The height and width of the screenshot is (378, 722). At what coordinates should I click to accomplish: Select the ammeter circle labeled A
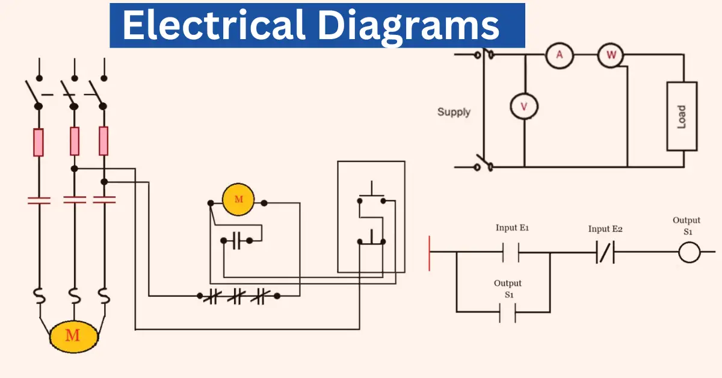(x=560, y=55)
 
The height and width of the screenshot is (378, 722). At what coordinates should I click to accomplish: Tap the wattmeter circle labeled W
(x=611, y=55)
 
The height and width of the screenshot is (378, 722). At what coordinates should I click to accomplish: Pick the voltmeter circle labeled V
(x=523, y=107)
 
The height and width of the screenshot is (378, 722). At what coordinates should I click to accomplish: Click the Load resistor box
(x=682, y=116)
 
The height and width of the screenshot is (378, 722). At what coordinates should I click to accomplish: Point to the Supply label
(x=454, y=112)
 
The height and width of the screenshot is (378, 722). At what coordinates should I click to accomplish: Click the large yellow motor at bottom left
(x=73, y=335)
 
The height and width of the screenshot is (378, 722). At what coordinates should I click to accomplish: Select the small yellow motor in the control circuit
(x=238, y=199)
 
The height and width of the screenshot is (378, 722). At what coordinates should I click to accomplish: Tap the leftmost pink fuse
(x=39, y=141)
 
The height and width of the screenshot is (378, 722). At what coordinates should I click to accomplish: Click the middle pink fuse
(x=75, y=141)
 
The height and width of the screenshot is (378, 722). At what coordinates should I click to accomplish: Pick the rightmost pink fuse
(x=103, y=141)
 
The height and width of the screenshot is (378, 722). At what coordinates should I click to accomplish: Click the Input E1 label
(x=512, y=228)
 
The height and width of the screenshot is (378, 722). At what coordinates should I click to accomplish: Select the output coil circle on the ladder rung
(x=690, y=252)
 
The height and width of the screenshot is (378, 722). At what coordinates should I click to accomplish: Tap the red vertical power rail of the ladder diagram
(x=430, y=253)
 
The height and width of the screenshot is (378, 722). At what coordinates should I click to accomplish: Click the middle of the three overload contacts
(x=236, y=296)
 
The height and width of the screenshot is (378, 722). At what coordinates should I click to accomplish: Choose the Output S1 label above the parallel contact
(x=508, y=289)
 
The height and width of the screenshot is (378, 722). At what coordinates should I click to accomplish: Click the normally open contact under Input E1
(x=510, y=252)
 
